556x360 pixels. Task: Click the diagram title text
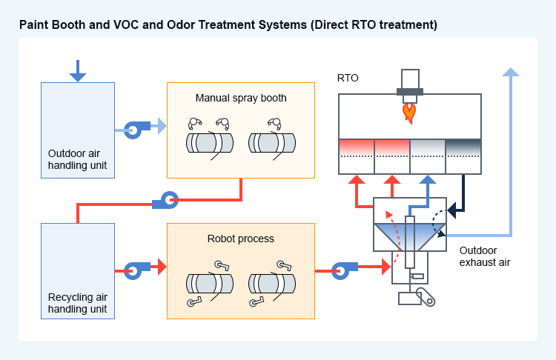coord(228,25)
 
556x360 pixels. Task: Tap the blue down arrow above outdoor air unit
coord(77,71)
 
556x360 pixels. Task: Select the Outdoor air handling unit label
coord(77,159)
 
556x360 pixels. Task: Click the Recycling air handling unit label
coord(77,302)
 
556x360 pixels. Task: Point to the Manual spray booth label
coord(241,98)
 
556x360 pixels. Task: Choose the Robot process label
coord(241,239)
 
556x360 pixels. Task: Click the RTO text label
coord(348,78)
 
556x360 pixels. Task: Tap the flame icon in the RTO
coord(408,113)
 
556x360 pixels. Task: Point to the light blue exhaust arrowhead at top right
coord(510,72)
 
